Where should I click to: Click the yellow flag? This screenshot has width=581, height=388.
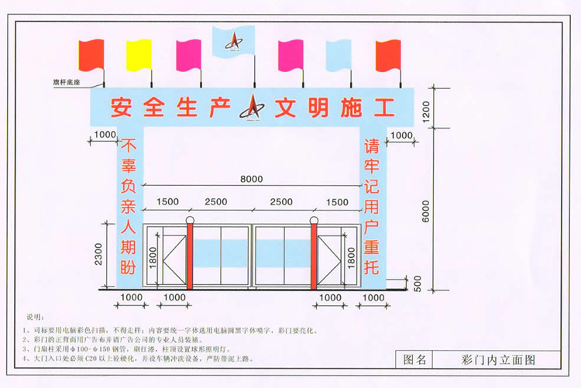[140, 53]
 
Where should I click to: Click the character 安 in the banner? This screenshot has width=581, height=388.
[122, 106]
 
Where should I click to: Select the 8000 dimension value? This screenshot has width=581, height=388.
[251, 179]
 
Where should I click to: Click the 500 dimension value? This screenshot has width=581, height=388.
[419, 283]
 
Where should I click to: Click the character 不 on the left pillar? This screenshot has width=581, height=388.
[128, 146]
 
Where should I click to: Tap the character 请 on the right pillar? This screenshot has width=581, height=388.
[375, 146]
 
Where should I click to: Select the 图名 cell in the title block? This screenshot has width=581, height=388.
[415, 359]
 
